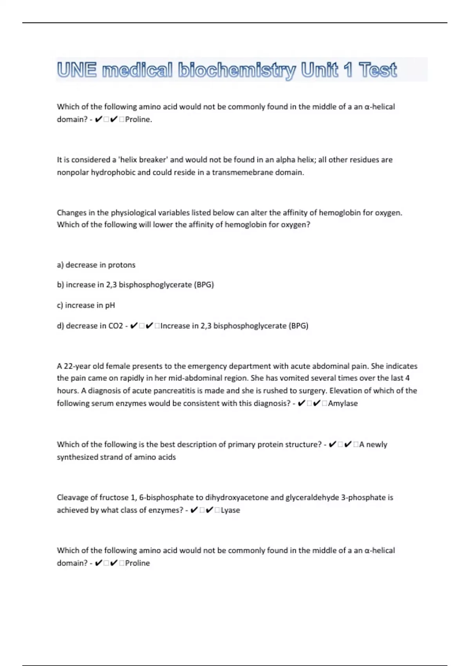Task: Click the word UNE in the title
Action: point(76,70)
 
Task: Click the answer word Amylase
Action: point(343,403)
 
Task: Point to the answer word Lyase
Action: point(230,510)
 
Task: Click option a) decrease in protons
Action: point(96,265)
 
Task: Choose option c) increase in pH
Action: point(86,305)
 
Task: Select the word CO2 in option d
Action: point(116,326)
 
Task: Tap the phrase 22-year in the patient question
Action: point(77,366)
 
